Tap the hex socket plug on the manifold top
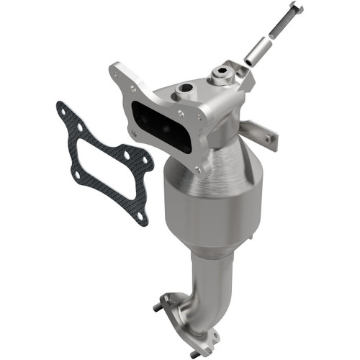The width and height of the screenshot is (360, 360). click(x=221, y=73)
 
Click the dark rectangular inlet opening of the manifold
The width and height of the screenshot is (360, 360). click(x=162, y=126)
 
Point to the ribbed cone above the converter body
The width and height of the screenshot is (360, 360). click(x=216, y=155)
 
